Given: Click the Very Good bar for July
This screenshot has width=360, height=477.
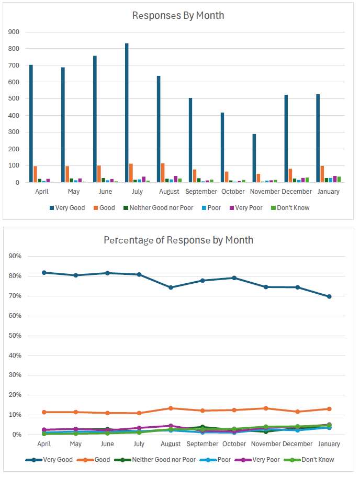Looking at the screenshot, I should [127, 113].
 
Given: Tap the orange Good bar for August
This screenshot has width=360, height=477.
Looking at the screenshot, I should [163, 173].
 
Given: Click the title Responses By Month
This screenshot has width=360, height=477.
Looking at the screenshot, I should [178, 15].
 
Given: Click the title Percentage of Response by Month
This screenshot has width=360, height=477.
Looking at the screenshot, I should [178, 240].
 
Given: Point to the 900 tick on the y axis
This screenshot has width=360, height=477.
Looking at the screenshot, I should [14, 32].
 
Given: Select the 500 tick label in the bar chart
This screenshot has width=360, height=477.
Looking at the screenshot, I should [14, 99].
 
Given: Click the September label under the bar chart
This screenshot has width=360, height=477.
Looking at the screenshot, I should [201, 192].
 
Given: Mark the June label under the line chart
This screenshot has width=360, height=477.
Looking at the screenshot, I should [107, 444].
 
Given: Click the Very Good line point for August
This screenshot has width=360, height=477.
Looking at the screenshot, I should [171, 287].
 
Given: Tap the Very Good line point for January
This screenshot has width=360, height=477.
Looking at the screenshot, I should [329, 296].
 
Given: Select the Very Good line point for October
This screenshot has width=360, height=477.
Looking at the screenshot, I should [234, 278].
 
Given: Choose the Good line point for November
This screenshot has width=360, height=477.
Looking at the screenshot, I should [266, 408].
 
